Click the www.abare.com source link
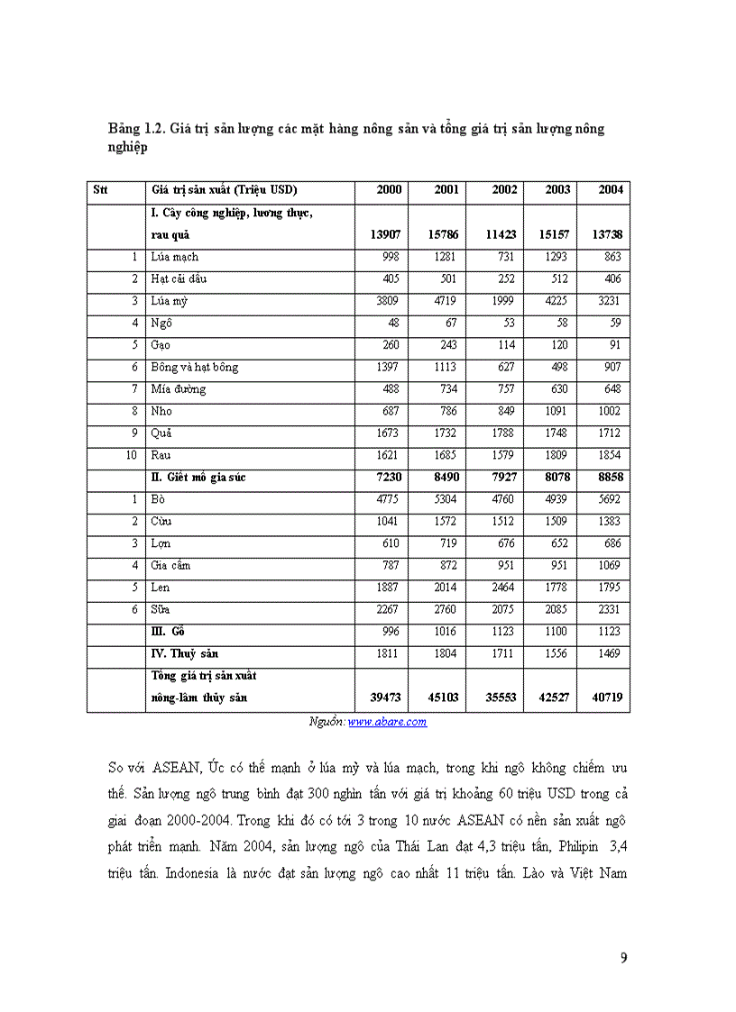point(387,722)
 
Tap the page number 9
point(623,957)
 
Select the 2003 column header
point(557,190)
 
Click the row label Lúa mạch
point(174,257)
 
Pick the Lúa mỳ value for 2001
point(446,301)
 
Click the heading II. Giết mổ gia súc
point(198,478)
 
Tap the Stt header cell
point(99,190)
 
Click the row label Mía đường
point(179,389)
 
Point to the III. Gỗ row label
point(168,632)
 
